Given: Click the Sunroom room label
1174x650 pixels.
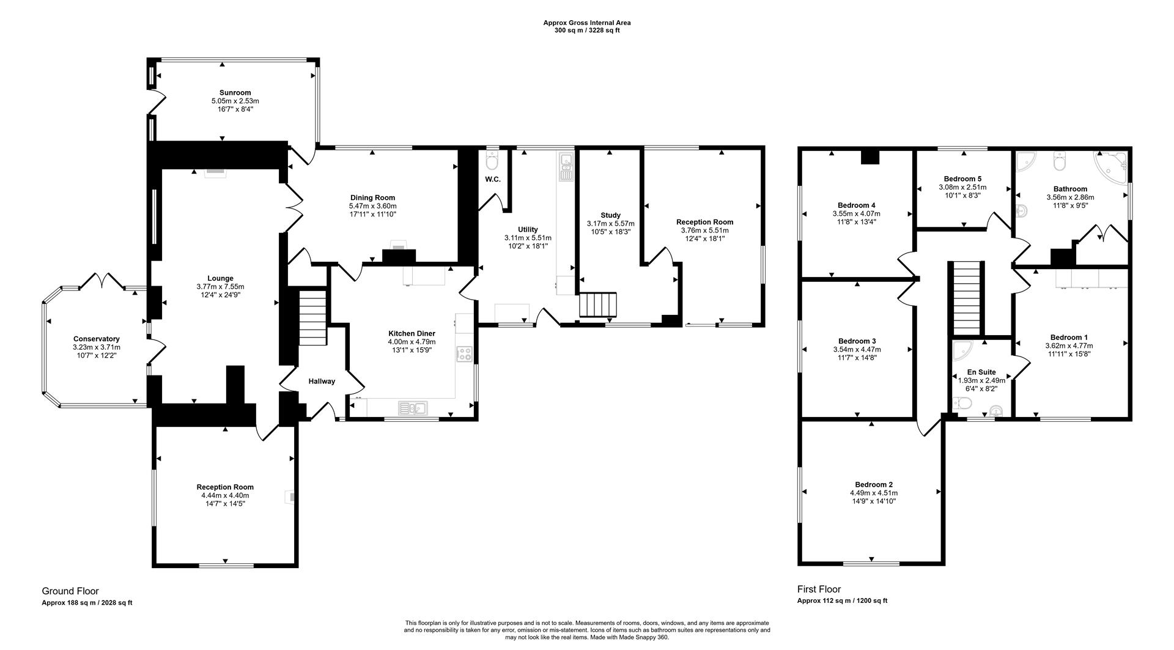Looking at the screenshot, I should coord(235,93).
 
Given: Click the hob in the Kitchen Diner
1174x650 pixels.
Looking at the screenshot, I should coord(464,353).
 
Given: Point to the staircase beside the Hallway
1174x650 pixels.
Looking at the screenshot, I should coord(312,318).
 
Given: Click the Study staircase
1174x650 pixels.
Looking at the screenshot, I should coord(598,305).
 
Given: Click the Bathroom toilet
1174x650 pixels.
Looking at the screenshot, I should coord(1060,163).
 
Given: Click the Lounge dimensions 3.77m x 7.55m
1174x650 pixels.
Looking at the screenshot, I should coord(220,287).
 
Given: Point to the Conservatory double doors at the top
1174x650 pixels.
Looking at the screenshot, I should coord(102,281).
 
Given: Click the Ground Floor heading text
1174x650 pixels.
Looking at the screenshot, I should coord(70,591).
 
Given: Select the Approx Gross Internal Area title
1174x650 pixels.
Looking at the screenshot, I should coord(587,23).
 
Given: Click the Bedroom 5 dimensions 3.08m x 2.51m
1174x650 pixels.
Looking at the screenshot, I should coord(962,187).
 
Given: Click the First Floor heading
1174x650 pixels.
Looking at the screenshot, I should coord(819,589).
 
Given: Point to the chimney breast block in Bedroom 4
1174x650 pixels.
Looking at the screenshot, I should coord(869,157).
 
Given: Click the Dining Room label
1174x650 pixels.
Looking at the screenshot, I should coord(372,198).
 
